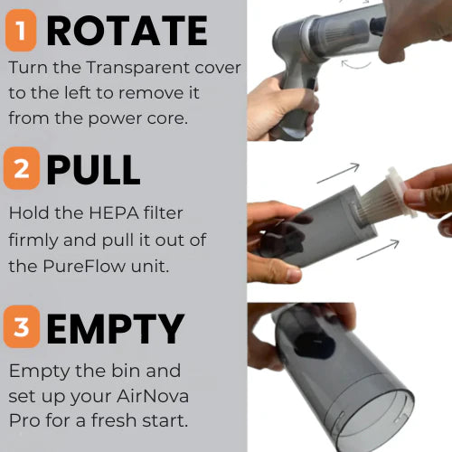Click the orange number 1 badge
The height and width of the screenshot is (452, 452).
21,33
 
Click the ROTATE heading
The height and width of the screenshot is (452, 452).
127,33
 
